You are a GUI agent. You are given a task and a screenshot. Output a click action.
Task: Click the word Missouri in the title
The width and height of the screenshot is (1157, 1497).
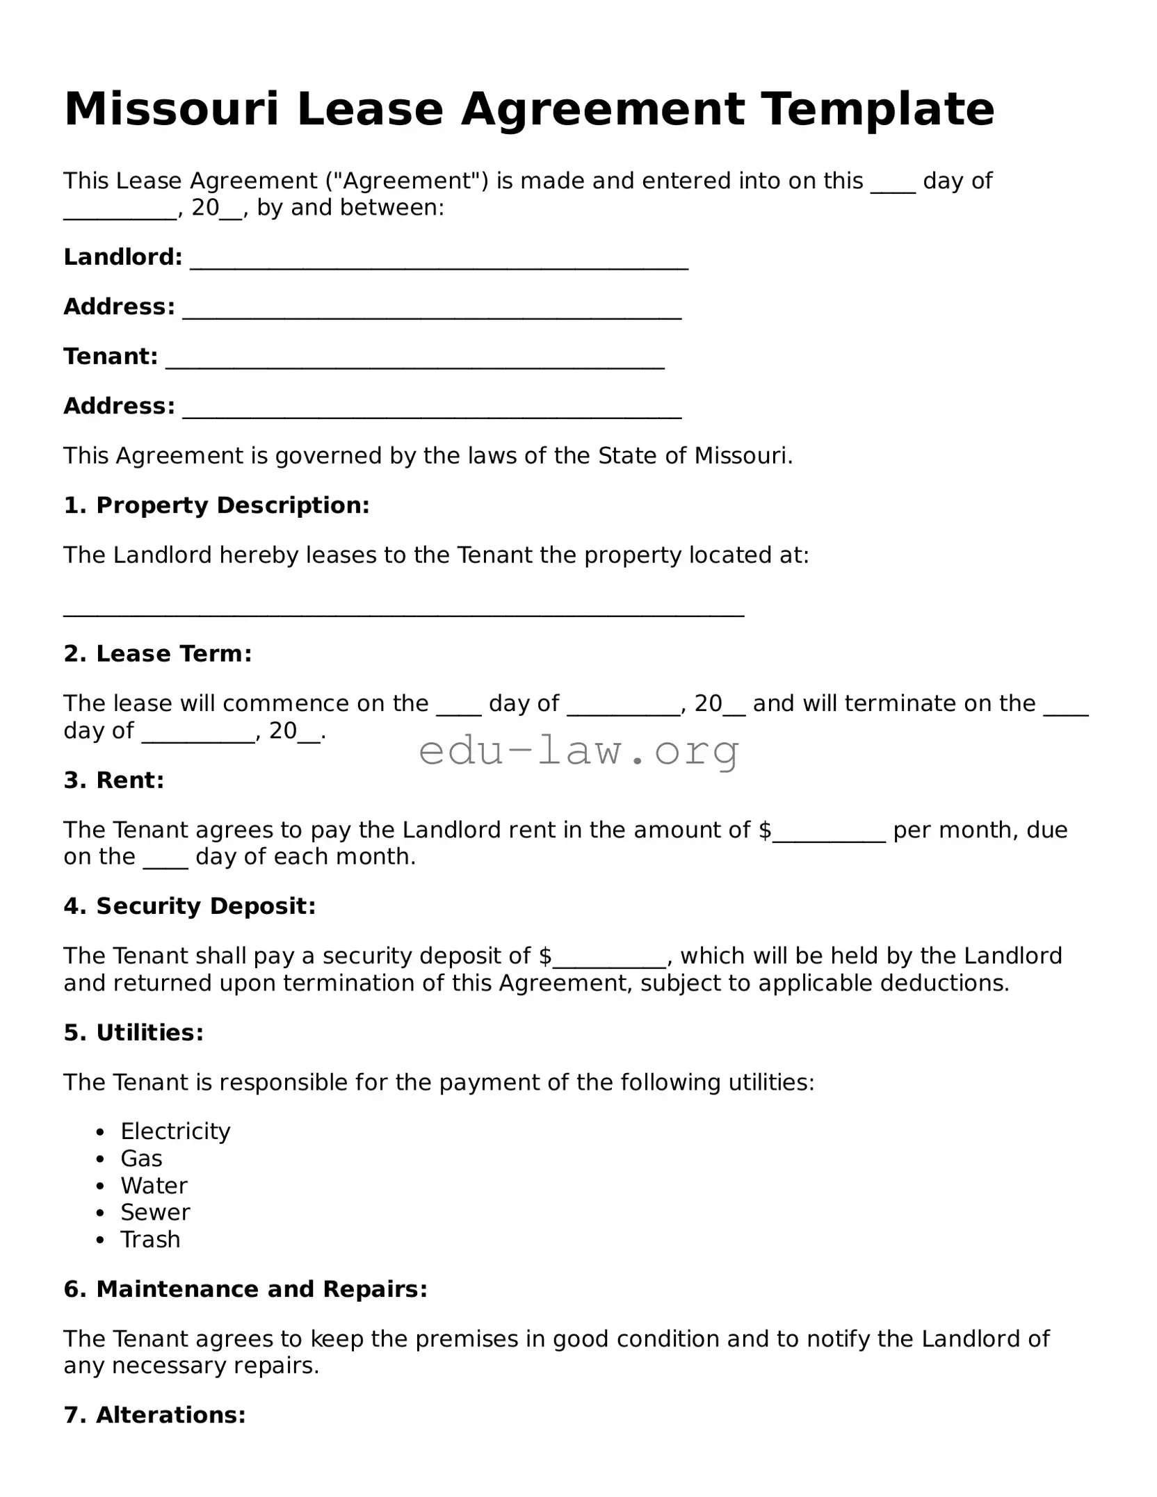[171, 109]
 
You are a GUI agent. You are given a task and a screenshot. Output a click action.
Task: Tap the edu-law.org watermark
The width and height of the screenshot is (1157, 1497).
[578, 751]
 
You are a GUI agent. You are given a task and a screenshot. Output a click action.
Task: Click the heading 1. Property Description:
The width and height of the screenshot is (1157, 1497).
[216, 505]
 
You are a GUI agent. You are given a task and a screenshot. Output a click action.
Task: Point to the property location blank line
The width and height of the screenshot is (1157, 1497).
[404, 612]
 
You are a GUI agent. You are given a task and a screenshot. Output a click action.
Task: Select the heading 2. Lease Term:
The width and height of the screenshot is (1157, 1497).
[157, 653]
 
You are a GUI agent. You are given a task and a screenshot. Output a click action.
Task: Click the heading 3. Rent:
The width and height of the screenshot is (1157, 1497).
[114, 780]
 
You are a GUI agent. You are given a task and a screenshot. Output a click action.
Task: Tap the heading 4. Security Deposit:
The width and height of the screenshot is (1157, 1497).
[190, 906]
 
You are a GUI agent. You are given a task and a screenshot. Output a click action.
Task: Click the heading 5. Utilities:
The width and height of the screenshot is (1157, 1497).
[133, 1032]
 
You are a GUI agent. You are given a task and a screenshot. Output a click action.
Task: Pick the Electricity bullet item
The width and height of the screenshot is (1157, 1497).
[175, 1131]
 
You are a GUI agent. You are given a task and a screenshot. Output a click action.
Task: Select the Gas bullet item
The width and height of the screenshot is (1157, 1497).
[141, 1158]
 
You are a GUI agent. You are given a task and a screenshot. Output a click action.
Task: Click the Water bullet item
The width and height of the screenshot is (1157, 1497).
[154, 1185]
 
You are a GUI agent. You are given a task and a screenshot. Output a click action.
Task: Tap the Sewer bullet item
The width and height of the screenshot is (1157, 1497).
[155, 1212]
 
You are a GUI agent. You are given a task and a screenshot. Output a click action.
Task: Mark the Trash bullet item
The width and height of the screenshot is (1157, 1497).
[150, 1239]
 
